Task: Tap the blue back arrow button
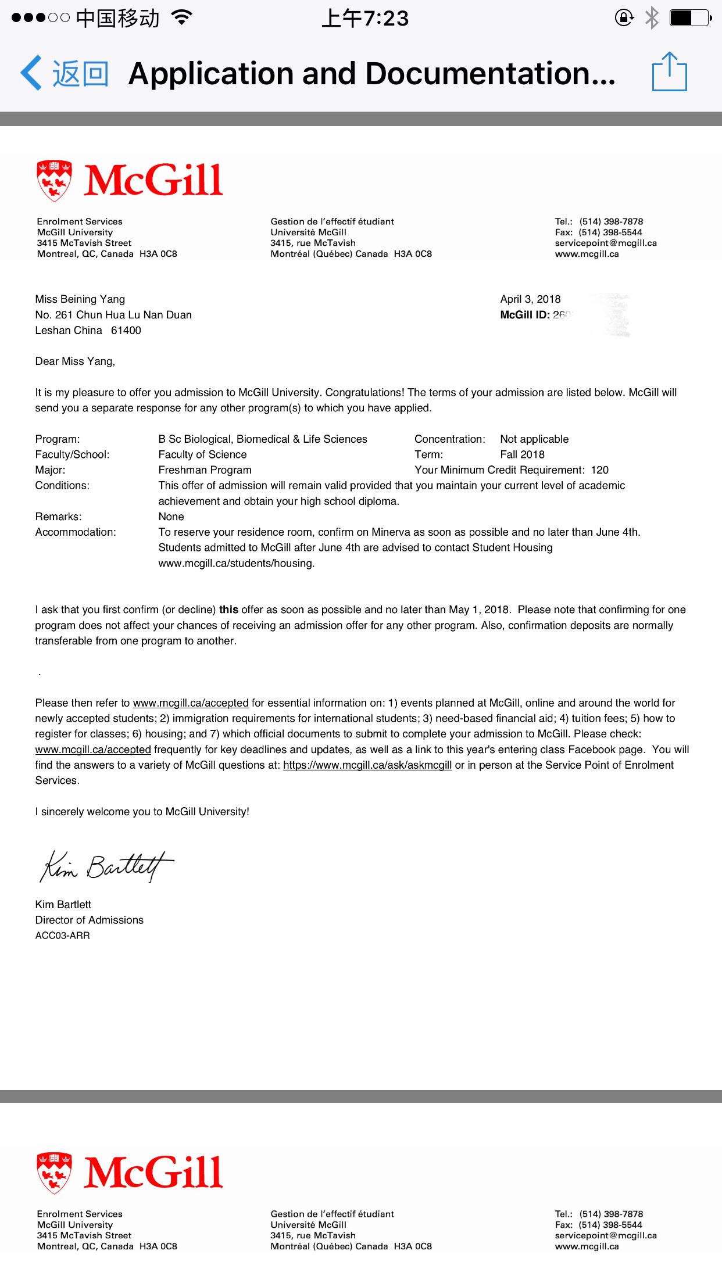pyautogui.click(x=31, y=73)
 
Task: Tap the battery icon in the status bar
pyautogui.click(x=690, y=18)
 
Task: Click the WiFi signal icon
pyautogui.click(x=182, y=18)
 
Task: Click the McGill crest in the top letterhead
pyautogui.click(x=54, y=181)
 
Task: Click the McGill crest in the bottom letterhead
pyautogui.click(x=54, y=1173)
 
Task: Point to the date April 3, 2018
pyautogui.click(x=530, y=299)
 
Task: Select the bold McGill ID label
pyautogui.click(x=524, y=315)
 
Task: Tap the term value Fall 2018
pyautogui.click(x=522, y=454)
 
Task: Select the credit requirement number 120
pyautogui.click(x=599, y=470)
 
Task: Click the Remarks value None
pyautogui.click(x=171, y=517)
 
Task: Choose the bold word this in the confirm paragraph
pyautogui.click(x=228, y=610)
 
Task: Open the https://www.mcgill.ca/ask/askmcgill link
pyautogui.click(x=367, y=765)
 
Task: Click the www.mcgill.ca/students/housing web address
pyautogui.click(x=236, y=564)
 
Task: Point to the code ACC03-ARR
pyautogui.click(x=62, y=936)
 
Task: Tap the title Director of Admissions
pyautogui.click(x=89, y=920)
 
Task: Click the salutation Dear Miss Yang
pyautogui.click(x=75, y=361)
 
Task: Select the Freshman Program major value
pyautogui.click(x=205, y=470)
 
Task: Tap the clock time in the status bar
pyautogui.click(x=365, y=19)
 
